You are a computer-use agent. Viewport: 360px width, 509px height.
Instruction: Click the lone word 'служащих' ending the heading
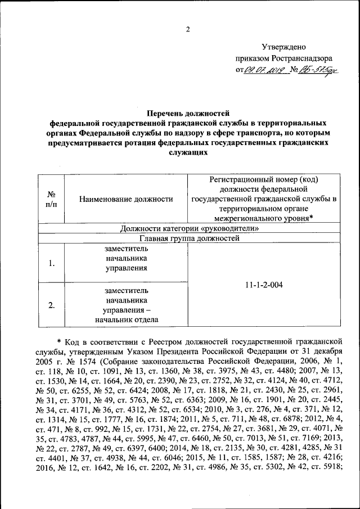point(188,152)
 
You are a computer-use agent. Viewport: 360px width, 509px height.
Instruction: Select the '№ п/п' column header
point(51,199)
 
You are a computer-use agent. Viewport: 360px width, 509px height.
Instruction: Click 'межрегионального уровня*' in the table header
point(263,218)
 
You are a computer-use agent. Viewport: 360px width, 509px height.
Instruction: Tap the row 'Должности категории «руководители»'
point(190,228)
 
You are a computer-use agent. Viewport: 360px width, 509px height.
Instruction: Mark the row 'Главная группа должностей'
point(190,238)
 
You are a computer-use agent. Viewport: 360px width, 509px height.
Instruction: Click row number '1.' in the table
point(51,263)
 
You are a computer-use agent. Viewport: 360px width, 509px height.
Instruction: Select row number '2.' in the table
point(51,305)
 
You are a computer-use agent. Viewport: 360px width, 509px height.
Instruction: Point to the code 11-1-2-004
point(264,285)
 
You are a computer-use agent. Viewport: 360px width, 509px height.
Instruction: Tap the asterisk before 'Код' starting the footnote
point(59,340)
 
